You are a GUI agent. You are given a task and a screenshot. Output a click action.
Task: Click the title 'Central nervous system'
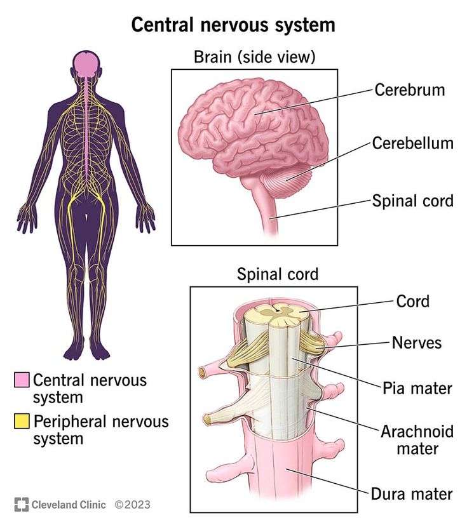233,25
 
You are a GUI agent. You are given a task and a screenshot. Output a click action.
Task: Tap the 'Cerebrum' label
409,90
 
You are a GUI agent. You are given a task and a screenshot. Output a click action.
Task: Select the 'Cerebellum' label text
412,143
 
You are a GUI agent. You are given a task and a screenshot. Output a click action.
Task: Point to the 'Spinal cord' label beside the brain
412,201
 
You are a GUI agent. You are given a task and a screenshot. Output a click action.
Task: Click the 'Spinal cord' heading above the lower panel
278,274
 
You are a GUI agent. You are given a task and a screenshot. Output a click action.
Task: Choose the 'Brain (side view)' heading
254,57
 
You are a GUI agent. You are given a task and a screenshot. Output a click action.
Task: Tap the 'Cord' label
412,300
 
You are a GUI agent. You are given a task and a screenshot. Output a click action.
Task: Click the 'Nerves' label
416,343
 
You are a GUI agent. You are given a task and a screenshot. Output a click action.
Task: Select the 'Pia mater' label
417,387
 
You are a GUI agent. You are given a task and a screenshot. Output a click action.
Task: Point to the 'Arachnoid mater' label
417,439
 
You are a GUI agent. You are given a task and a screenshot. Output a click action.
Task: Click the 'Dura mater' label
412,493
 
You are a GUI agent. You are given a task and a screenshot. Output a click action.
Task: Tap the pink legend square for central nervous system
22,380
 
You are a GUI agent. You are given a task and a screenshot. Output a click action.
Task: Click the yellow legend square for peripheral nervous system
22,421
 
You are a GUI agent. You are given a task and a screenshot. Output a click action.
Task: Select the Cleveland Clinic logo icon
21,505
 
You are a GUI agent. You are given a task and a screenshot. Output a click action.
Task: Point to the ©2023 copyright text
132,505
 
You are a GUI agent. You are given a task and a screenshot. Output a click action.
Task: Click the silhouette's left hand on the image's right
147,218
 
